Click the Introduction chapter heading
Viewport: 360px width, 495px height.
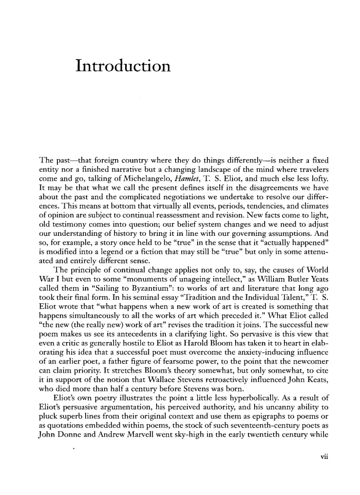[123, 66]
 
